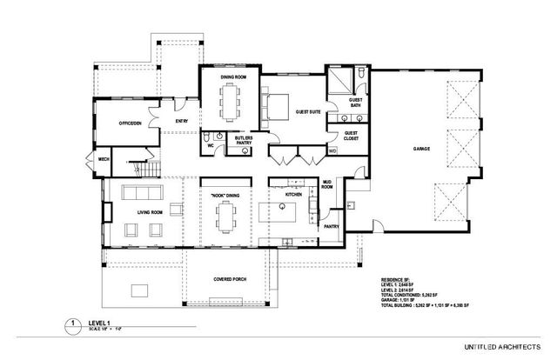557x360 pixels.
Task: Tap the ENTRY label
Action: tap(182, 121)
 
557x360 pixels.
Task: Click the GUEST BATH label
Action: tap(355, 103)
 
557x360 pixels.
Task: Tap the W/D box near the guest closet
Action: tap(332, 150)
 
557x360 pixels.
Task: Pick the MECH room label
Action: tap(103, 160)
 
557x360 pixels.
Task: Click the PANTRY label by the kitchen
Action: tap(331, 225)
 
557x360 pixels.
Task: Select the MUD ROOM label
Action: tap(328, 185)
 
